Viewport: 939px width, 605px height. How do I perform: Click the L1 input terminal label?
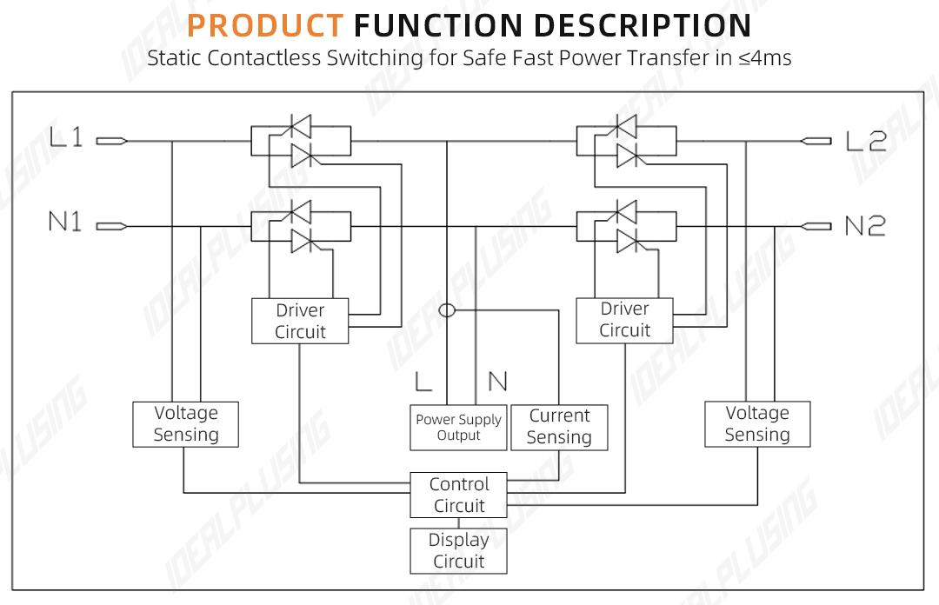tap(66, 137)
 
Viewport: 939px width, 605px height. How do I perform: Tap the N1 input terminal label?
tap(65, 222)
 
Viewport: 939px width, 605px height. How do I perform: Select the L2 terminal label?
tap(866, 142)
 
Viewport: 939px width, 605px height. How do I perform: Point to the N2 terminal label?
tap(865, 226)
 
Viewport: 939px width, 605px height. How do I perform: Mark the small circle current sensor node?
tap(447, 310)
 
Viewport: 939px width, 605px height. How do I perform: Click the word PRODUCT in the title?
tap(265, 26)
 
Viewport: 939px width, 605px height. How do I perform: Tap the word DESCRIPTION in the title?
tap(642, 26)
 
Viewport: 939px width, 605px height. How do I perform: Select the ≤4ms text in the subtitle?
tap(765, 58)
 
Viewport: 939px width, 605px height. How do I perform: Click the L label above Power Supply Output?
tap(423, 381)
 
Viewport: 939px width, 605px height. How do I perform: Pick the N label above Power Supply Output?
tap(497, 381)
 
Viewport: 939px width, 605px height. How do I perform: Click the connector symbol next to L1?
tap(112, 142)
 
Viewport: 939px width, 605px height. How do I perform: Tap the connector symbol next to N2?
tap(816, 226)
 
